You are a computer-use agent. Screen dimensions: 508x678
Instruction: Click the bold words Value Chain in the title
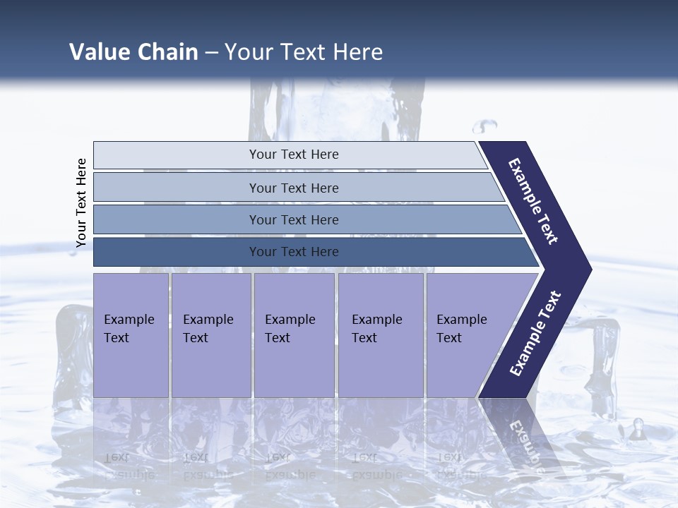pyautogui.click(x=133, y=52)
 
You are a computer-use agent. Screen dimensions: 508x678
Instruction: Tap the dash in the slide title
pyautogui.click(x=211, y=53)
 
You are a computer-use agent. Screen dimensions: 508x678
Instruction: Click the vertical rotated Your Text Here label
pyautogui.click(x=81, y=203)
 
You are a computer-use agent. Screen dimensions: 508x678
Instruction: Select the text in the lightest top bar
pyautogui.click(x=294, y=155)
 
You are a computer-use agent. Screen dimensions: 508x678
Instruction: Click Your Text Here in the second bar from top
pyautogui.click(x=294, y=188)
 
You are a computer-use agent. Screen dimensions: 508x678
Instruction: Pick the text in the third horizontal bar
pyautogui.click(x=294, y=220)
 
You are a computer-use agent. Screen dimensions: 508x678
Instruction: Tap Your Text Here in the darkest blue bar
pyautogui.click(x=294, y=252)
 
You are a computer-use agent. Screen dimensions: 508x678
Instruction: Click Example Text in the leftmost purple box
pyautogui.click(x=129, y=329)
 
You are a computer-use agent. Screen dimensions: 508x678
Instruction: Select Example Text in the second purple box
pyautogui.click(x=208, y=329)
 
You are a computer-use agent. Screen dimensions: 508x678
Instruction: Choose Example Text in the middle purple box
pyautogui.click(x=290, y=329)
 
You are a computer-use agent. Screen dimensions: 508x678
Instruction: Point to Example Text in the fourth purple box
pyautogui.click(x=376, y=329)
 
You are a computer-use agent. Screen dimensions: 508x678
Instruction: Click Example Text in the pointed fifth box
pyautogui.click(x=461, y=329)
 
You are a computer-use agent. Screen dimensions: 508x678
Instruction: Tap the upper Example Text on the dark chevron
pyautogui.click(x=534, y=201)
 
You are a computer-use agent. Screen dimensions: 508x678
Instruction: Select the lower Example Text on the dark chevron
pyautogui.click(x=535, y=334)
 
